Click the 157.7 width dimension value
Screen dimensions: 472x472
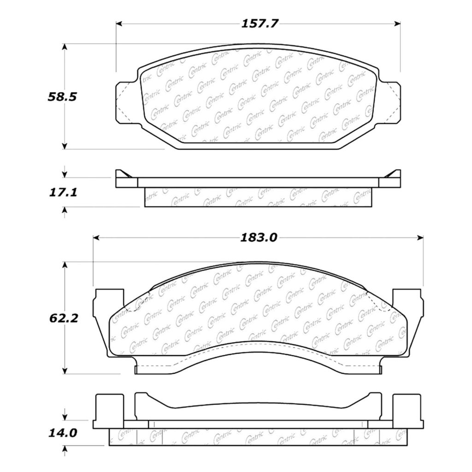pos(260,24)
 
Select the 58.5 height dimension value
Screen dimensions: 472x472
pos(62,97)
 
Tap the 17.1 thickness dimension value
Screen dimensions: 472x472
pos(63,192)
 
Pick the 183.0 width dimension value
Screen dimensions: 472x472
pos(259,238)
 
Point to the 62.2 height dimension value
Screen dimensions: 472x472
pos(64,318)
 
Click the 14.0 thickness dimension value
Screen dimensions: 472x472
pos(63,433)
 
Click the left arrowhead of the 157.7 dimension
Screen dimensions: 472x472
pos(119,24)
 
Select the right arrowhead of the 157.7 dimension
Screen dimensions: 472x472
pos(397,24)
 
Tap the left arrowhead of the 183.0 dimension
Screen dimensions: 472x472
pos(96,238)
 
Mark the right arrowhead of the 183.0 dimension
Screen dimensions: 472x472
pos(420,238)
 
